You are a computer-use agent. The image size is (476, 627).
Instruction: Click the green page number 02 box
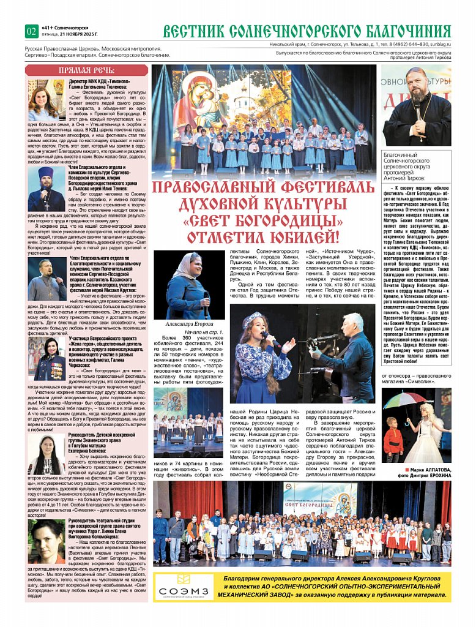pos(31,31)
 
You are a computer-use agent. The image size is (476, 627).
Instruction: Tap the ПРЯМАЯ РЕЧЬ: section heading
pos(86,70)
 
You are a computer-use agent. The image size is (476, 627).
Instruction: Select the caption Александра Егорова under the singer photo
pos(190,324)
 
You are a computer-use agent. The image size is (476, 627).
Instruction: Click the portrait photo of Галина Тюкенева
pos(44,100)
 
